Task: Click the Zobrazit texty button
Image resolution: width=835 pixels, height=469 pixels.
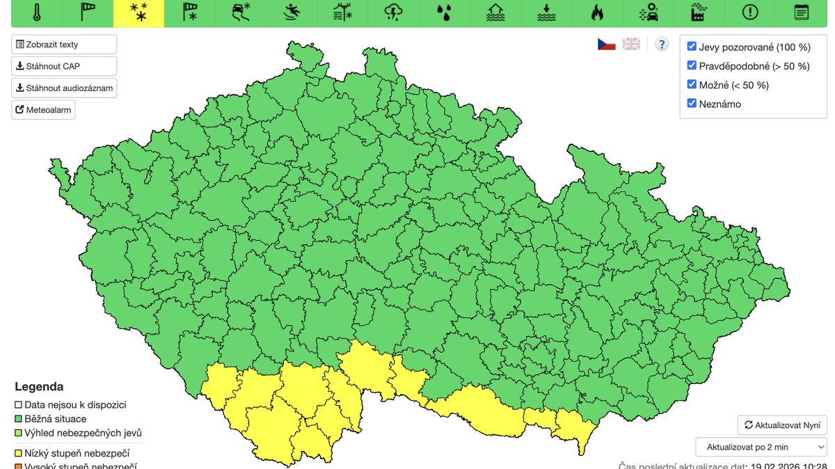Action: coord(64,45)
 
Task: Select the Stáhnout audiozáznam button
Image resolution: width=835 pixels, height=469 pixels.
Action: coord(64,88)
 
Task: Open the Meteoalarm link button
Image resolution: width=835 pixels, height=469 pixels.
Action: coord(43,110)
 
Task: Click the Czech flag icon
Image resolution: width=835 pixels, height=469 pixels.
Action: coord(607,44)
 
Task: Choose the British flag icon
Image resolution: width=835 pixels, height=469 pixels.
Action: coord(631,44)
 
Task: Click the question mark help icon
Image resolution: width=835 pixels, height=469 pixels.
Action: coord(662,44)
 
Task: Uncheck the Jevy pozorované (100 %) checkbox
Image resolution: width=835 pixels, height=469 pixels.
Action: coord(692,47)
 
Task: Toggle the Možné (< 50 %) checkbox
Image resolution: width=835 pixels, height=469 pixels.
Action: coord(692,84)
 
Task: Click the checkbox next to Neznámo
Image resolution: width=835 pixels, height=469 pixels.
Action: coord(692,103)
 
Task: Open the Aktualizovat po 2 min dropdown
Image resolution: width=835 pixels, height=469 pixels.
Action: coord(761,447)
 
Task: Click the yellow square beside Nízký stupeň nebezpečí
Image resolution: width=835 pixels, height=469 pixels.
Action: coord(19,453)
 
